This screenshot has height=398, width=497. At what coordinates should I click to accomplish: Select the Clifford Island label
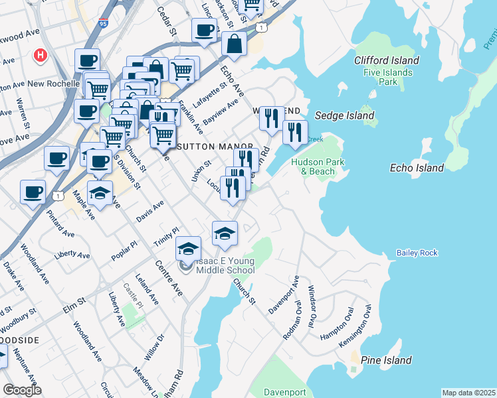tap(386, 60)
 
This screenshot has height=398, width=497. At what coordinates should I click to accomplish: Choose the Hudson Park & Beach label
tap(314, 166)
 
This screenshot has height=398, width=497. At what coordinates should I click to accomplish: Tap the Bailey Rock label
tap(417, 253)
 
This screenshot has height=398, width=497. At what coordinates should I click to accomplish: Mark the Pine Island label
tap(386, 360)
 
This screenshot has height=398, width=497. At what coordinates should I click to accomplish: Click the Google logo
tap(22, 389)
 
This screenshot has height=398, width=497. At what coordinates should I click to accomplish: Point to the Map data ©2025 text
tap(468, 393)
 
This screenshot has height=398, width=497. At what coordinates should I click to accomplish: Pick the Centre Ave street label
tap(169, 278)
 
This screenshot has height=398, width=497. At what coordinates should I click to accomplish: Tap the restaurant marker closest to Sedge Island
tap(294, 131)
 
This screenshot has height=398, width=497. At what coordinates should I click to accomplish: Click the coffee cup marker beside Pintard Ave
tap(33, 192)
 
